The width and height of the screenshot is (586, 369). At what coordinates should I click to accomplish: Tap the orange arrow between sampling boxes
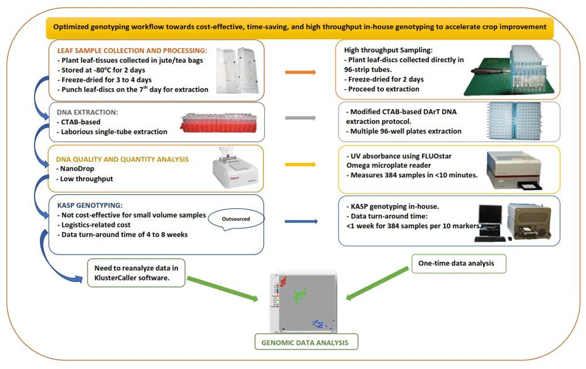301,72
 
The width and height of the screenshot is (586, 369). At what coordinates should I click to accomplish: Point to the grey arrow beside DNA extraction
301,118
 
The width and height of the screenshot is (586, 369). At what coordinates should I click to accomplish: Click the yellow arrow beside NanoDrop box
301,165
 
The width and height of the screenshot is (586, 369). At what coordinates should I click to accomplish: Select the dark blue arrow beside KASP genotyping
301,222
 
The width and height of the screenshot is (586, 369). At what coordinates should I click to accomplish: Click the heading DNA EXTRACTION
88,111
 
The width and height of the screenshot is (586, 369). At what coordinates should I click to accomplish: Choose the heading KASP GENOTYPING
88,205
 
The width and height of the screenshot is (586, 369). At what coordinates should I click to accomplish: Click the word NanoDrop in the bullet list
80,169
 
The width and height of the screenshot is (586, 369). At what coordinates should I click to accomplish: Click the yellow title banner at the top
299,26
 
